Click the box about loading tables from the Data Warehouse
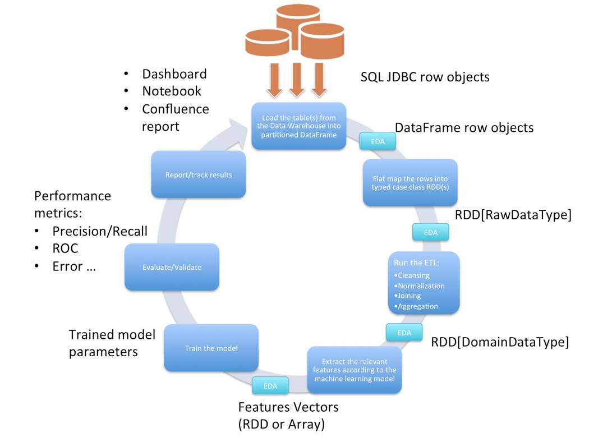click(x=298, y=126)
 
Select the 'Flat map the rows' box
click(x=410, y=182)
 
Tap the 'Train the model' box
click(x=211, y=348)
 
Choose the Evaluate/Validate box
click(x=172, y=267)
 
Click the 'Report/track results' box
click(x=199, y=174)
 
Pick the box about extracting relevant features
click(x=355, y=370)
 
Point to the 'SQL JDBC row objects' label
click(x=425, y=77)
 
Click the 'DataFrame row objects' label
click(x=464, y=127)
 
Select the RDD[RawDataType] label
click(x=513, y=214)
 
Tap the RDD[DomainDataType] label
click(x=499, y=342)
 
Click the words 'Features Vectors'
click(x=288, y=407)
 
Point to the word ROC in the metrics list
click(x=65, y=248)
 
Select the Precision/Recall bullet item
click(x=100, y=231)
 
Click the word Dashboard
click(x=174, y=74)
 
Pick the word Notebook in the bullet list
click(x=171, y=91)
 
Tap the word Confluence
click(x=175, y=109)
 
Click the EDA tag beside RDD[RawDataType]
click(x=430, y=232)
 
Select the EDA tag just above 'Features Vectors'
click(x=270, y=385)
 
